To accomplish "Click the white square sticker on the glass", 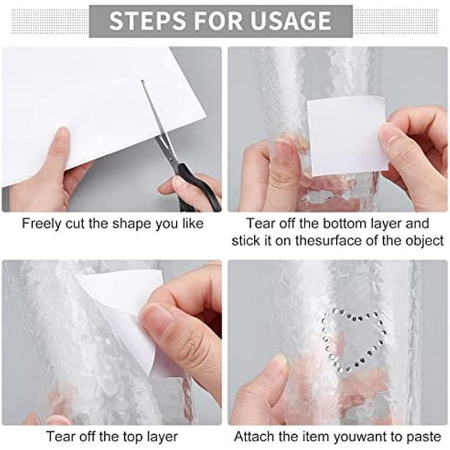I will [346, 134].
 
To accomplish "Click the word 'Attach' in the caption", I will [253, 437].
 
